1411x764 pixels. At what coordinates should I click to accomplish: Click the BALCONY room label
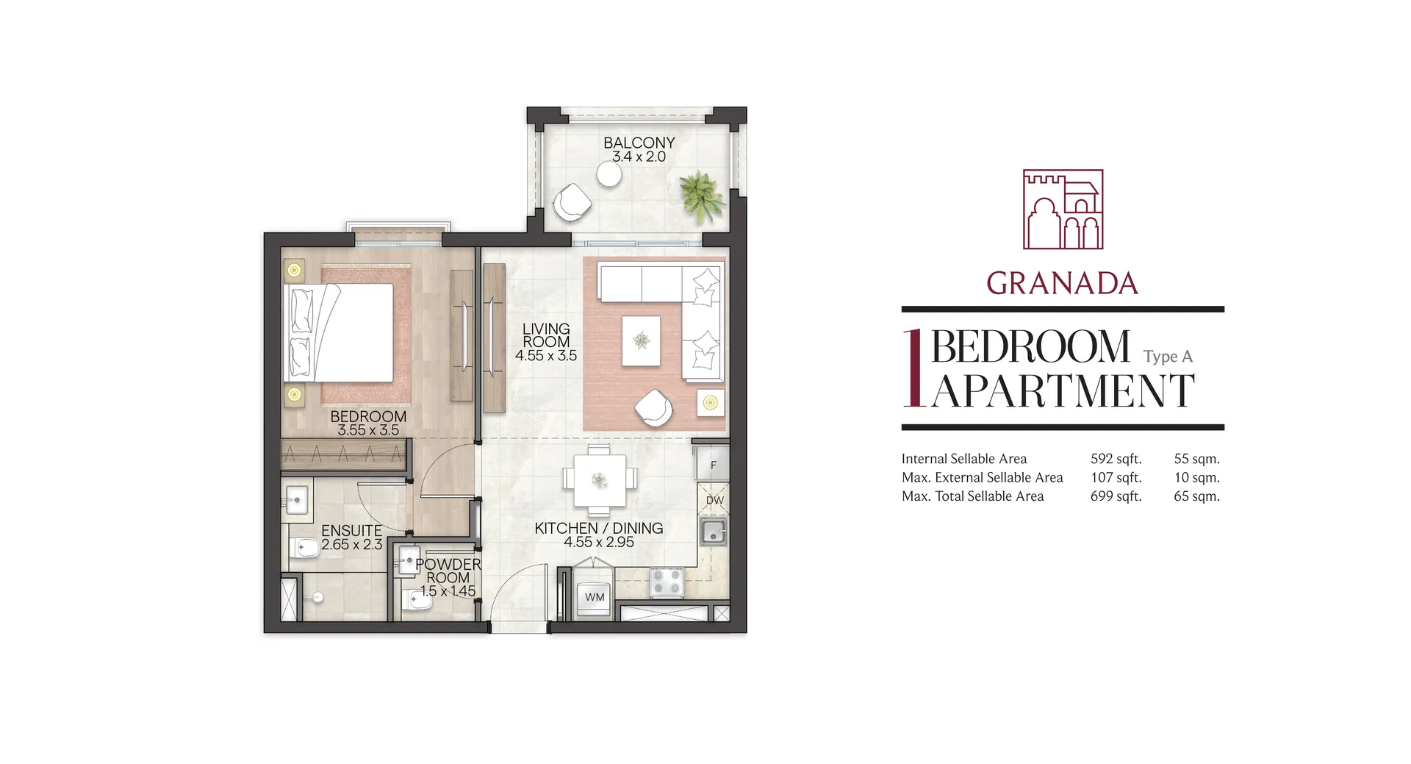pos(639,143)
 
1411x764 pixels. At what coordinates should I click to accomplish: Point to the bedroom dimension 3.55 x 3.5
pos(368,430)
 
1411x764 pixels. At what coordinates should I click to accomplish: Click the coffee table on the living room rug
pos(641,340)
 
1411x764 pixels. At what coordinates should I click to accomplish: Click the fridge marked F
pos(712,465)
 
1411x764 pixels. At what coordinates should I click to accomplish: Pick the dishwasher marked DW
pos(714,500)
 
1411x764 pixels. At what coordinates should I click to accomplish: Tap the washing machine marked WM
pos(595,597)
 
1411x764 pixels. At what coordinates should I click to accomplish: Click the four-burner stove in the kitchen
pos(667,582)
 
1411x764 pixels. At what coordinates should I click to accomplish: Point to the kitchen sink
pos(713,532)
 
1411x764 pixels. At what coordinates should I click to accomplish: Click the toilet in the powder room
pos(417,602)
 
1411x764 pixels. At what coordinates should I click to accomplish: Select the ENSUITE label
pos(351,530)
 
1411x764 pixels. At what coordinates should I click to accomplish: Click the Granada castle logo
pos(1063,210)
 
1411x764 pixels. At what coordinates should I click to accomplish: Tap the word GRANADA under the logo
pos(1063,283)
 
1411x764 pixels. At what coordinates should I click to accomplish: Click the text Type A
pos(1168,357)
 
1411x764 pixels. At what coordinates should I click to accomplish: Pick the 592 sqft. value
pos(1116,459)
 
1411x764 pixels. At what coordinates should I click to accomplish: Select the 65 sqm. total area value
pos(1196,496)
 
